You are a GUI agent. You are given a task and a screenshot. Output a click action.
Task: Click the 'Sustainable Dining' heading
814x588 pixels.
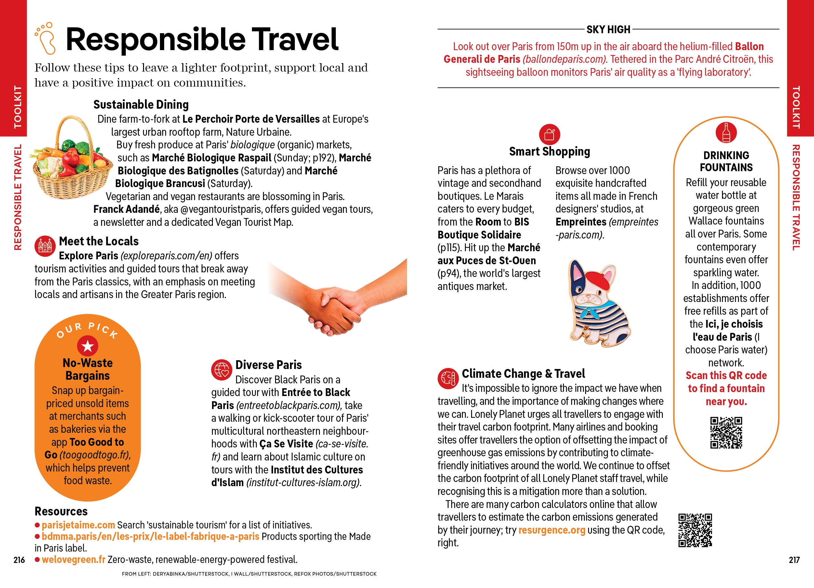pos(141,104)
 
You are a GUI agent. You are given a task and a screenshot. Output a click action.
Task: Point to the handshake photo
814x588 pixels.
pos(337,298)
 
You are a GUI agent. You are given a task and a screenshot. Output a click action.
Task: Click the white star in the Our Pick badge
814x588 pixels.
pos(87,346)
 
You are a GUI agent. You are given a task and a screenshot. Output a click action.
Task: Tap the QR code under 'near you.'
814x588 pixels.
pos(726,432)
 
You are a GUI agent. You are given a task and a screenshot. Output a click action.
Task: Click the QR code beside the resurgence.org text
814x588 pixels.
pos(695,530)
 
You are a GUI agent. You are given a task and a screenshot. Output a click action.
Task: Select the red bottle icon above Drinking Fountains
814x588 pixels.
pos(726,132)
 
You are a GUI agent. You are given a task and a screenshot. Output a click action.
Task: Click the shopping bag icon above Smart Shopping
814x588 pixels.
pos(549,135)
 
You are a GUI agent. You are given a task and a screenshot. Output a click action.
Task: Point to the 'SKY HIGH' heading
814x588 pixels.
pos(608,30)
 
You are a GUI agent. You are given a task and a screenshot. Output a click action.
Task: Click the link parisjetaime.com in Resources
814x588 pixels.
pos(78,525)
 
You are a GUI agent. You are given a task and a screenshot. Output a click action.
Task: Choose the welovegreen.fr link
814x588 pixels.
pos(73,559)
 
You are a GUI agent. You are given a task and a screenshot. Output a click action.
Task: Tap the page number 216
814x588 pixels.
pos(19,560)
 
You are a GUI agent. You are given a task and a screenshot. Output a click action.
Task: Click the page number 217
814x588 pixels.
pos(794,560)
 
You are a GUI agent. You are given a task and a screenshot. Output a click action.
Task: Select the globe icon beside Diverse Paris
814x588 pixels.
pos(222,369)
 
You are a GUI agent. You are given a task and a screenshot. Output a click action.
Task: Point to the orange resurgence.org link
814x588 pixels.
pos(552,530)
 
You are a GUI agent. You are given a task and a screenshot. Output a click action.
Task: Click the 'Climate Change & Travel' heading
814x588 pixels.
pos(523,374)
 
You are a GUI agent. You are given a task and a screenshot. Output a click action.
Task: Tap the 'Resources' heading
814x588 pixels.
pos(61,511)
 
